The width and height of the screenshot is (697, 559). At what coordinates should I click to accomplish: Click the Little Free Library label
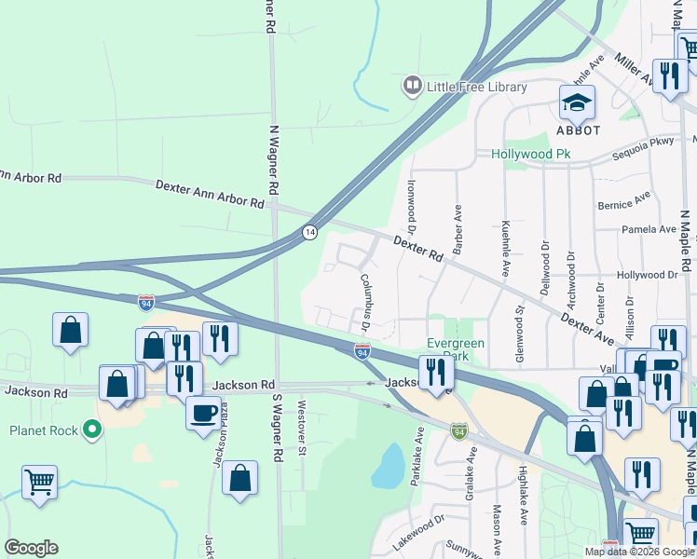point(476,87)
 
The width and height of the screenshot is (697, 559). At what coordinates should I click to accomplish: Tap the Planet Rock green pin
point(90,429)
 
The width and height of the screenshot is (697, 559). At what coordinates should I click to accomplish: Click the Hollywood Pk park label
point(530,154)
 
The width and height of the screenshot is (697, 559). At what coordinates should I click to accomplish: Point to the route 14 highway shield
point(309,232)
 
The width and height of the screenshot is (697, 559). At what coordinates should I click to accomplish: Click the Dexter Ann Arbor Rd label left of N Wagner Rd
point(210,194)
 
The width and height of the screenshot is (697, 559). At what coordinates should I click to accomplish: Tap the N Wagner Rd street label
point(274,159)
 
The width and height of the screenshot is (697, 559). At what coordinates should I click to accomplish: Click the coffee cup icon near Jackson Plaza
point(203,411)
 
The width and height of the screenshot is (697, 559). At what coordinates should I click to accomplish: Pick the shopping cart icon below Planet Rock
point(39,482)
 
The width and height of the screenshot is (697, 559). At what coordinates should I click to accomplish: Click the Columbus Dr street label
point(365,300)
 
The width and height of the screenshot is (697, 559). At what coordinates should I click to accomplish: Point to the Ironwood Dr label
point(410,205)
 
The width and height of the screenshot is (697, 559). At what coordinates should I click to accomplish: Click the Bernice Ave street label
point(623,202)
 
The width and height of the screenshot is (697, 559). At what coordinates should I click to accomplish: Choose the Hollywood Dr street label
point(646,275)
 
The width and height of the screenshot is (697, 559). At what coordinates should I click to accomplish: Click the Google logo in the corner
point(31,548)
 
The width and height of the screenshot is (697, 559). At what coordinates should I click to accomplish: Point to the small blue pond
point(388,467)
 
